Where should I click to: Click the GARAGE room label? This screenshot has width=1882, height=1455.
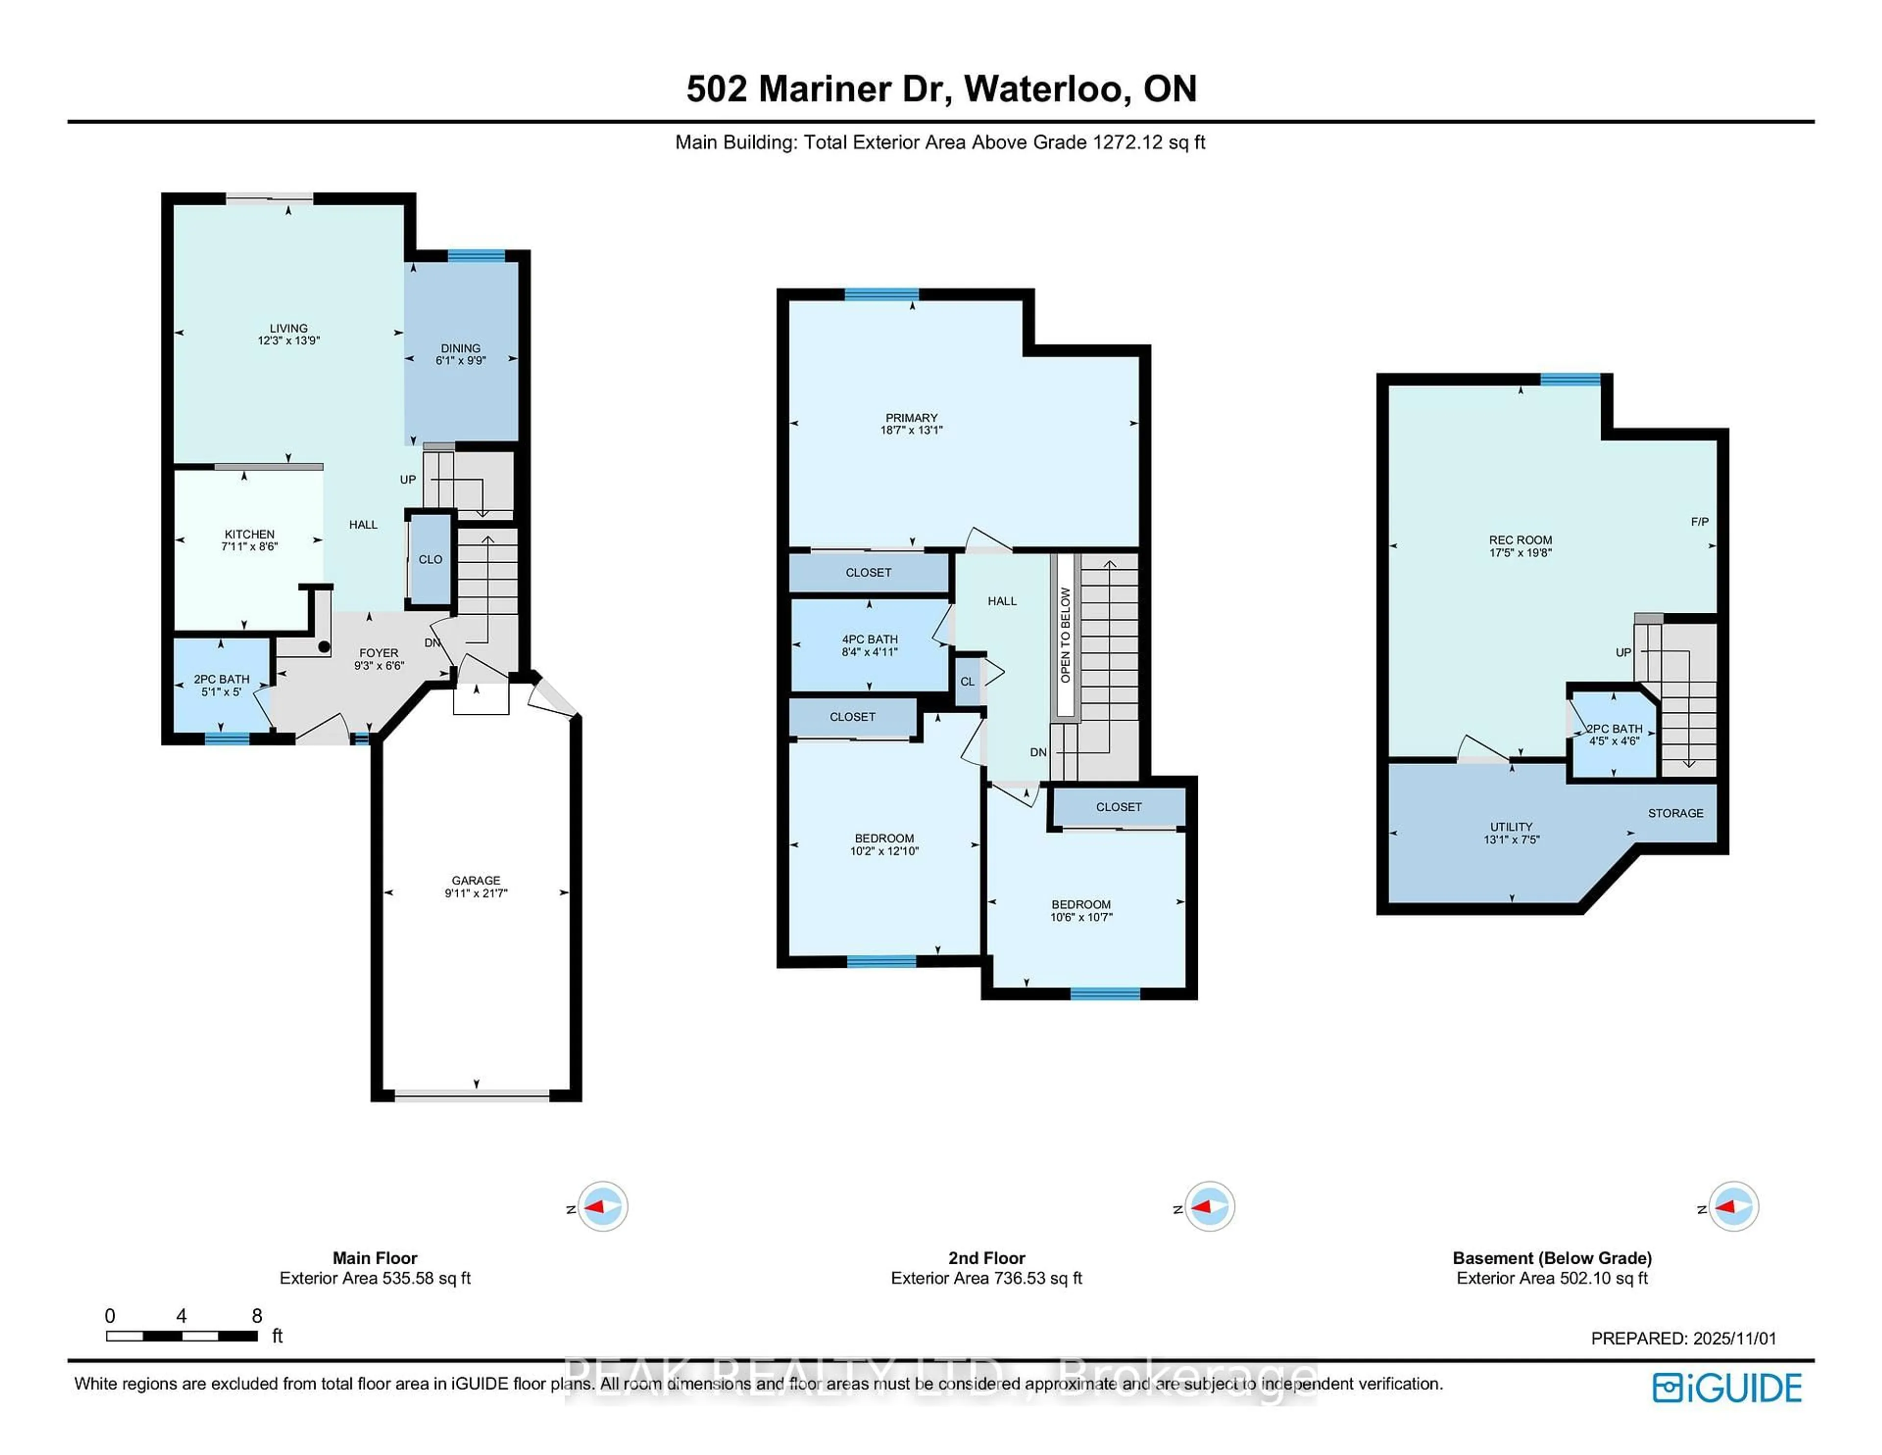pos(476,880)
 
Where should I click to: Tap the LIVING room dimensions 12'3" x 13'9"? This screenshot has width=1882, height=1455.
pos(289,341)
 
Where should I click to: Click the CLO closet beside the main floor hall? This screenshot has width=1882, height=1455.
pos(430,559)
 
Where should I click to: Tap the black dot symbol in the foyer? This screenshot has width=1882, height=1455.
pos(324,647)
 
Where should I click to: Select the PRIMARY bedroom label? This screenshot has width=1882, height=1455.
pos(911,417)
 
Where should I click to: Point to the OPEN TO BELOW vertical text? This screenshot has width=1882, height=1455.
pos(1065,635)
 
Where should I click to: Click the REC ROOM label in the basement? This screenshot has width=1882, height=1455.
pos(1520,540)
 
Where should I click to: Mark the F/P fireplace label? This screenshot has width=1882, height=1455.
pos(1699,522)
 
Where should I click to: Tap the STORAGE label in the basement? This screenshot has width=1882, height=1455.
pos(1675,813)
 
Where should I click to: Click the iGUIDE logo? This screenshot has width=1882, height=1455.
pos(1727,1388)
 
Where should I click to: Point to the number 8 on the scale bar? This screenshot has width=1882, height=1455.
pos(257,1315)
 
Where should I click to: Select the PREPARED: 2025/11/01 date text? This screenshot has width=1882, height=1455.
pos(1683,1339)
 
